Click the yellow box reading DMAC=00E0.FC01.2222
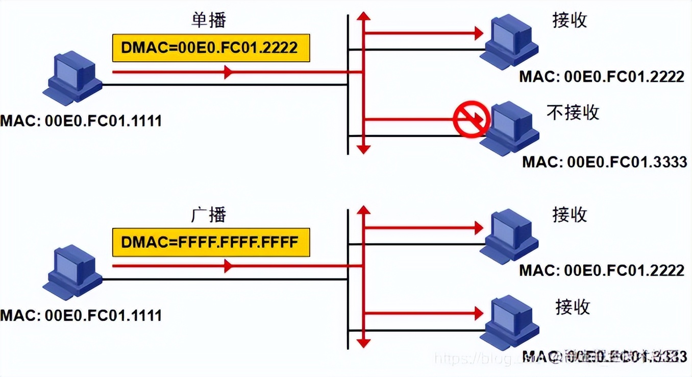[211, 48]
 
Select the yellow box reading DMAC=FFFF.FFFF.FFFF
[211, 242]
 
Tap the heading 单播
[208, 20]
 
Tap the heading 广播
[208, 215]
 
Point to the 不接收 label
[573, 112]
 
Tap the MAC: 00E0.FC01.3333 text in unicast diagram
[604, 162]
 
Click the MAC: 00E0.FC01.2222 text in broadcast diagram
[602, 270]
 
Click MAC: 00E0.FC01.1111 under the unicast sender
[81, 121]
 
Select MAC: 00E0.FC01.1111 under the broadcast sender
[81, 315]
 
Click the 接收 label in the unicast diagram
[570, 20]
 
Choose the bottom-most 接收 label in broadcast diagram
[573, 307]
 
